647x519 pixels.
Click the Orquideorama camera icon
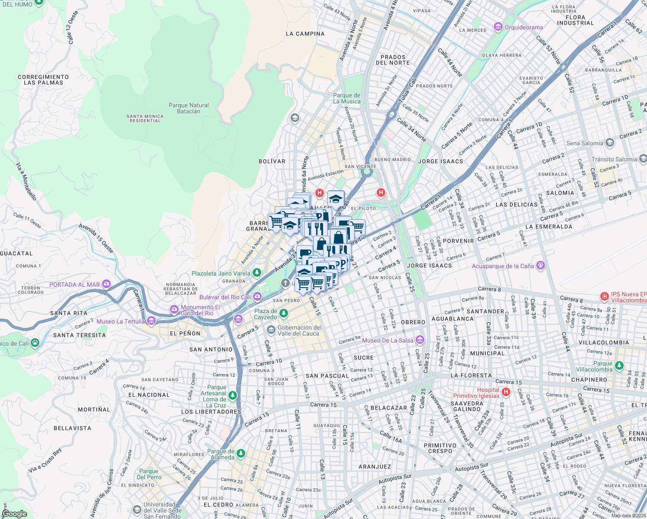498,27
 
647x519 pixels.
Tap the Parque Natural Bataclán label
189,108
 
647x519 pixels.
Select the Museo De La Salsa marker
420,340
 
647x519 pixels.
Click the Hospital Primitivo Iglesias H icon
506,392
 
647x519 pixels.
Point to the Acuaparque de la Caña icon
540,266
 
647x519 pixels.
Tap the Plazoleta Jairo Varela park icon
257,273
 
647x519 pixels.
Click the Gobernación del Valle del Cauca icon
271,330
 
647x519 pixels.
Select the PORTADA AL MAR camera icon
106,284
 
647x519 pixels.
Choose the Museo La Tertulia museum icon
151,321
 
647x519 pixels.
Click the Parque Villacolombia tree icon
619,366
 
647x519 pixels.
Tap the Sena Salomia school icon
610,143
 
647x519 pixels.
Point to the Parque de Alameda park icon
241,454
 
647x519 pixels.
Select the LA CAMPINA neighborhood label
305,34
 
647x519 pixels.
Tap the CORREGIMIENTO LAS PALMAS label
43,80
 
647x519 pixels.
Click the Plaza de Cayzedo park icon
284,313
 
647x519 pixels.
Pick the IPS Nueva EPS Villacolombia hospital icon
604,297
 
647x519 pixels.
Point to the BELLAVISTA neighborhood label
72,428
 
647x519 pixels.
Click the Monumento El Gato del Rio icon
174,310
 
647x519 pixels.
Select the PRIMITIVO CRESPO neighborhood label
440,448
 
